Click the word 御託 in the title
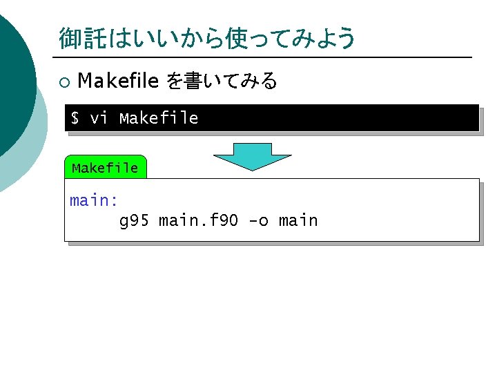(79, 38)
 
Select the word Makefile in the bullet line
(118, 82)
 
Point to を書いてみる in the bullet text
(222, 82)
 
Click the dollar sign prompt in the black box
(75, 118)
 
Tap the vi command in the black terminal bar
(99, 118)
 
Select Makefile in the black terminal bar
(159, 118)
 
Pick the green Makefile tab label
(105, 168)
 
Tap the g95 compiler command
(135, 221)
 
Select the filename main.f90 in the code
(199, 221)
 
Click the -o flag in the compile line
(258, 221)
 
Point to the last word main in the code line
(298, 221)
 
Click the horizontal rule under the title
(262, 57)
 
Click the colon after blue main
(114, 201)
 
